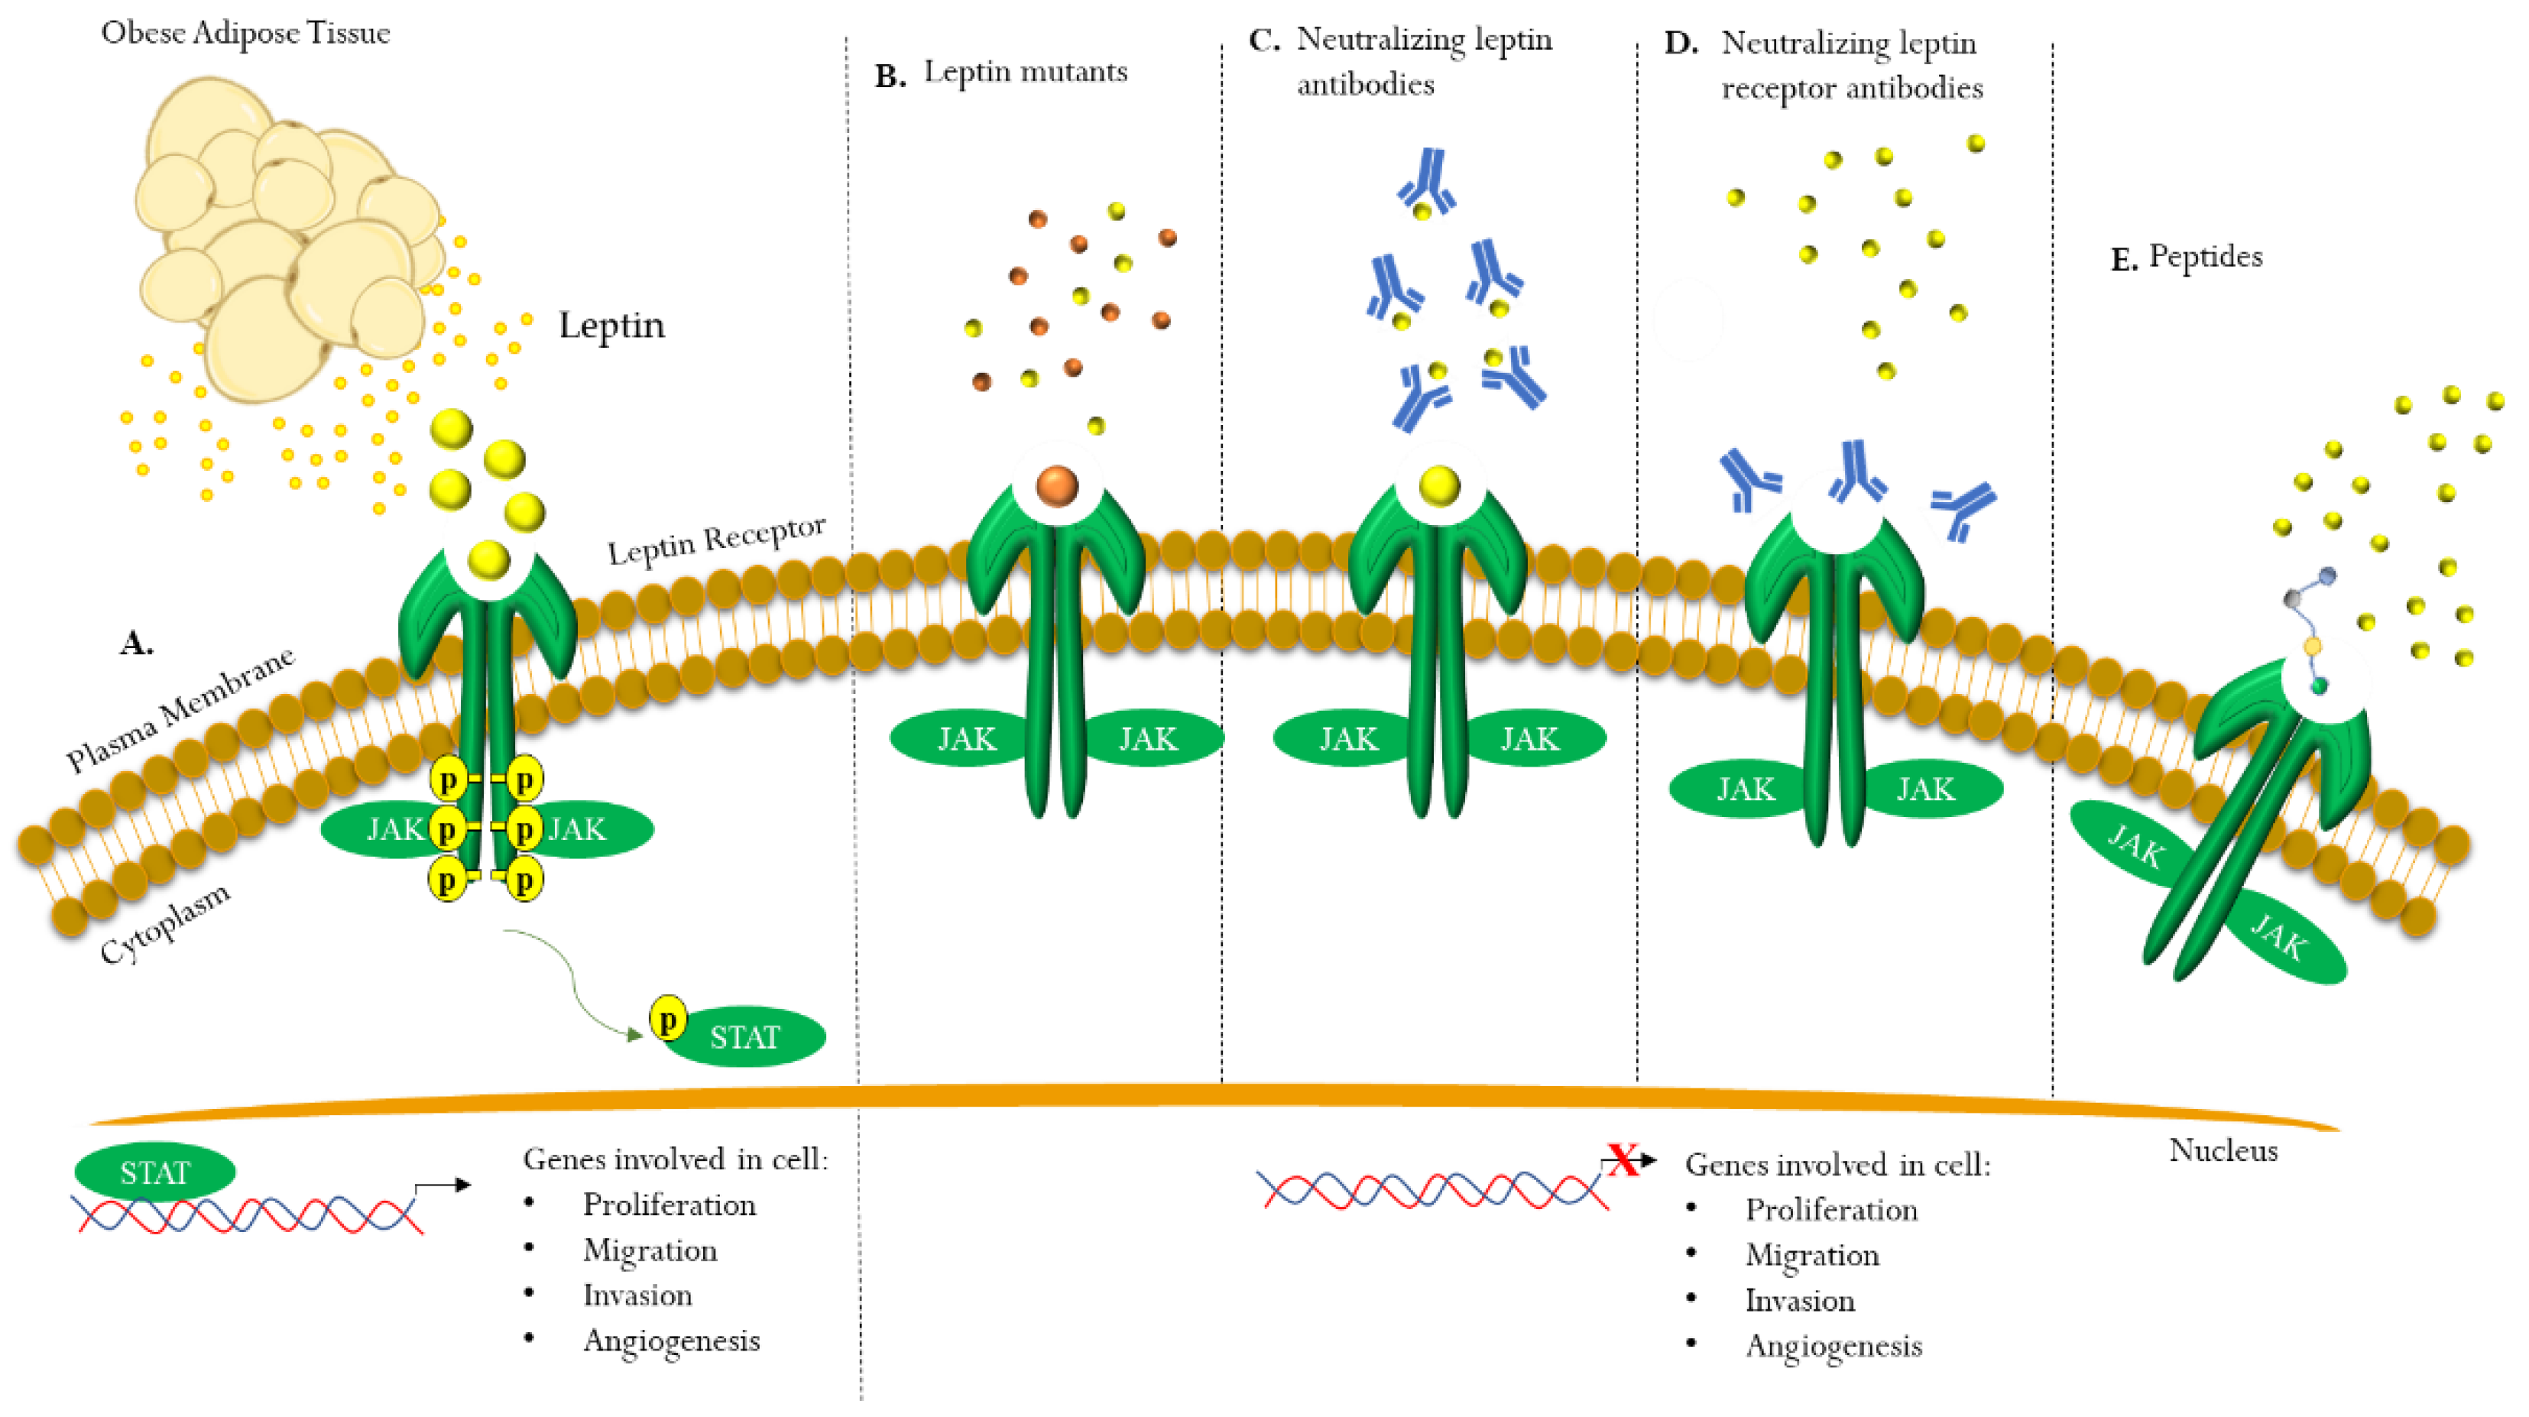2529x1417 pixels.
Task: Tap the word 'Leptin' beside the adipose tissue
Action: point(611,325)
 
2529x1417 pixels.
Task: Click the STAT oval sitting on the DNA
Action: point(154,1172)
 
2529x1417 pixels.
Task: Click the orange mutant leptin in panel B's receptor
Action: point(1057,486)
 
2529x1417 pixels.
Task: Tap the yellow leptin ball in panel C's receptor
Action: point(1439,486)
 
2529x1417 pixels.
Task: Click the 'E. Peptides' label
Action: point(2187,258)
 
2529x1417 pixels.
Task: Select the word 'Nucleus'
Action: point(2223,1151)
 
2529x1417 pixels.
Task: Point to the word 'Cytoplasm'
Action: point(165,923)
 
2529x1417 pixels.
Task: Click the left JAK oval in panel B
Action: point(965,738)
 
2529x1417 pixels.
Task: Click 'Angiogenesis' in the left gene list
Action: point(672,1341)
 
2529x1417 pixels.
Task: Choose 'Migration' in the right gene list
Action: point(1811,1255)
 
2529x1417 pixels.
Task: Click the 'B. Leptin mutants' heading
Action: point(1001,73)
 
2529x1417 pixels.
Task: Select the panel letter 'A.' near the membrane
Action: point(137,644)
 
